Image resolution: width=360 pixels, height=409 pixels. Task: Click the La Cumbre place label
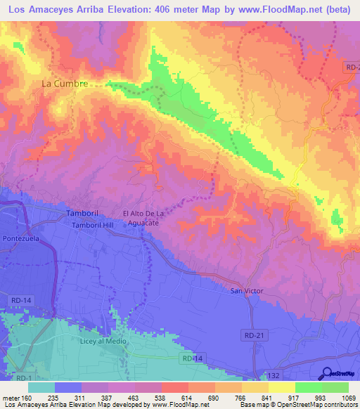point(65,83)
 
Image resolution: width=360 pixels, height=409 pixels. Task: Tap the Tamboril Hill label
point(97,225)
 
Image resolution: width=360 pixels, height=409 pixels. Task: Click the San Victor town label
point(245,290)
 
